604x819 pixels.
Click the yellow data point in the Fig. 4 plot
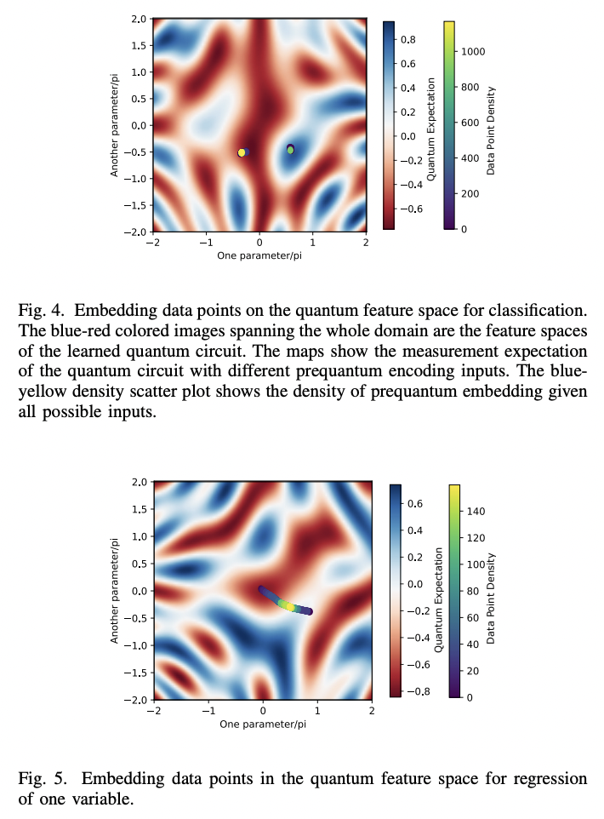(242, 152)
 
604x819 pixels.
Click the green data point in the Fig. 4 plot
(290, 150)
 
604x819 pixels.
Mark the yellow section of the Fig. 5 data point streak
(288, 605)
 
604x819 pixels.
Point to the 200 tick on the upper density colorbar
(470, 193)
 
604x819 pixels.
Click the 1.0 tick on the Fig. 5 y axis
(137, 536)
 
